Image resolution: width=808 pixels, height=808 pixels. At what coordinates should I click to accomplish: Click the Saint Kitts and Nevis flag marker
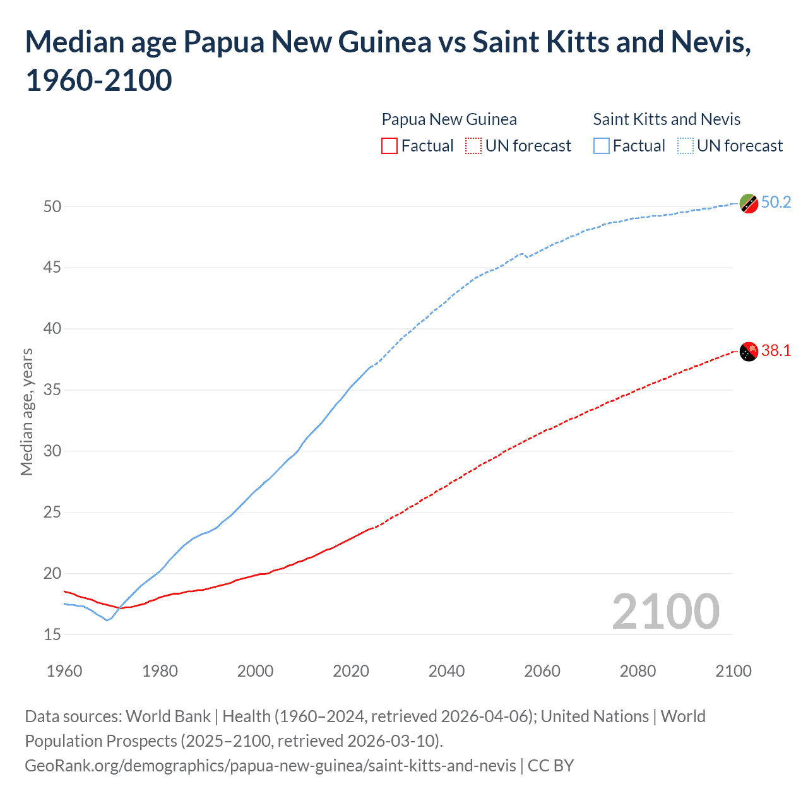(x=749, y=203)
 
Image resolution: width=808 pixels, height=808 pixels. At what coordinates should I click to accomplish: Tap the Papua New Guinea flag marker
(x=749, y=352)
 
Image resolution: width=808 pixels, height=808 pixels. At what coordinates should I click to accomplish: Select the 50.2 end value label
(x=776, y=202)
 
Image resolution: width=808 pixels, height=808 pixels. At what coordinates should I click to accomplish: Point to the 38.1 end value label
(x=776, y=351)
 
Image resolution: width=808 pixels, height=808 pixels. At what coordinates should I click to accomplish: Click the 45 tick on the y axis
(x=52, y=268)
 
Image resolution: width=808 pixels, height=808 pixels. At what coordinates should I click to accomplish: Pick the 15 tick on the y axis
(x=52, y=634)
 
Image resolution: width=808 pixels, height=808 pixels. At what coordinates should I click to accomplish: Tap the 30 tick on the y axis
(x=52, y=451)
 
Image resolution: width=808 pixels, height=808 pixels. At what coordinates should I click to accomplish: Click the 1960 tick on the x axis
(x=64, y=671)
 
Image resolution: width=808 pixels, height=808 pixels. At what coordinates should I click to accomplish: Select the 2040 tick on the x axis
(x=446, y=671)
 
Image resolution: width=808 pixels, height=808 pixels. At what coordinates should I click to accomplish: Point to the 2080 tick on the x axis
(x=638, y=671)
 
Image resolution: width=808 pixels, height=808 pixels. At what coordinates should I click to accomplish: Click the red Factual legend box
(x=389, y=146)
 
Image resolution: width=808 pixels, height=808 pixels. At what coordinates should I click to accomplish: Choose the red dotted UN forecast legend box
(x=473, y=146)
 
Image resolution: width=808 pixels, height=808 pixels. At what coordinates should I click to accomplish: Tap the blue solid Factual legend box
(x=602, y=146)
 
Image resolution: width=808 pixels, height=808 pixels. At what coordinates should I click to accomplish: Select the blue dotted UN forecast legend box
(x=685, y=146)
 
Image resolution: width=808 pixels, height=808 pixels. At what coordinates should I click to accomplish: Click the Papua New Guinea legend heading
(x=449, y=119)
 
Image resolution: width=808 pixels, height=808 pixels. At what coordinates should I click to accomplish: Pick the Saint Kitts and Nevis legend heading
(x=667, y=119)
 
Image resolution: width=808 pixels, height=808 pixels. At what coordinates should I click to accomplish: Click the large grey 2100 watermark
(x=665, y=611)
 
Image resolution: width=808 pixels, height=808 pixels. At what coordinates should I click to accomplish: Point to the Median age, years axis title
(x=27, y=412)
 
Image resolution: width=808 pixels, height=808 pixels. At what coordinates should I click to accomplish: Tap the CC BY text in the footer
(x=550, y=766)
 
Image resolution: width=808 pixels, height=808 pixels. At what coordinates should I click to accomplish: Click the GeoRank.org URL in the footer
(x=270, y=766)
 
